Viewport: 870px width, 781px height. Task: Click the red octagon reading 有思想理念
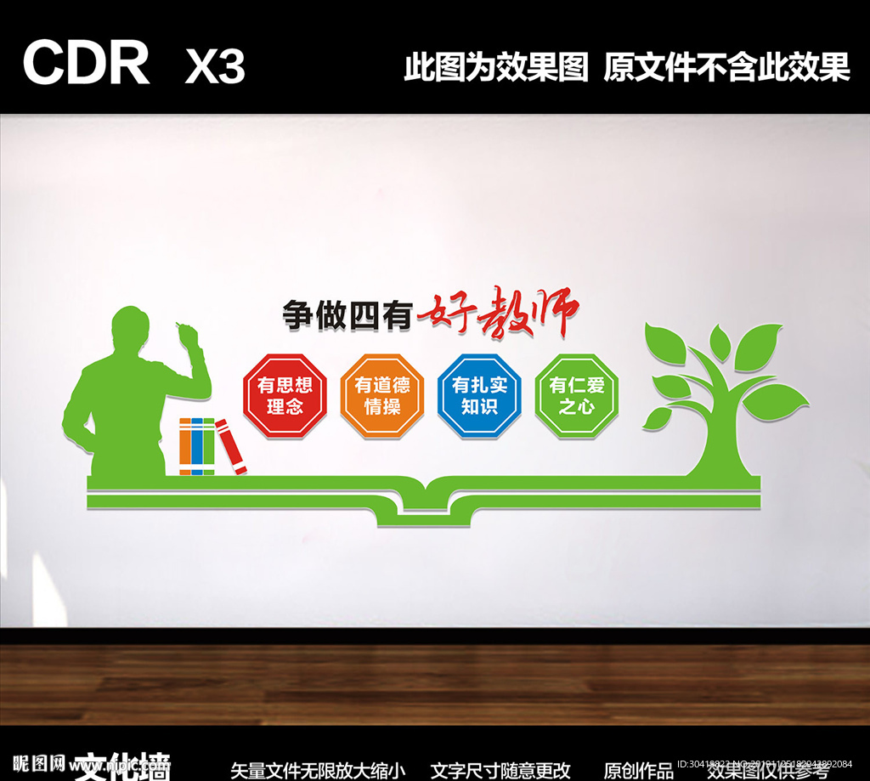(x=285, y=395)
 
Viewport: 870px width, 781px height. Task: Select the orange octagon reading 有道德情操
(x=381, y=396)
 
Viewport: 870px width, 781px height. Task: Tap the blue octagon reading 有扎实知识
(x=479, y=395)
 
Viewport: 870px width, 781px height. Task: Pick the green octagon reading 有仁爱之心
(x=576, y=395)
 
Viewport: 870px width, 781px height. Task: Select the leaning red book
(x=231, y=446)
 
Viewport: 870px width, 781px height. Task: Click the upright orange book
(x=185, y=445)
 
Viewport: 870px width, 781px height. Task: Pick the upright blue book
(x=197, y=445)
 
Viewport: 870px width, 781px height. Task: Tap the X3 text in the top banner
(x=215, y=65)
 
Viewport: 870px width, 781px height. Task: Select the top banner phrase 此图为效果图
(x=495, y=67)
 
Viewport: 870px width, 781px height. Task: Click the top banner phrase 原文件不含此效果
(x=726, y=67)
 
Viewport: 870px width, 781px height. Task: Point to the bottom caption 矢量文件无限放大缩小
(x=319, y=770)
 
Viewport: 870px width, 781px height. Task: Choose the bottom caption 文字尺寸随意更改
(x=500, y=770)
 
